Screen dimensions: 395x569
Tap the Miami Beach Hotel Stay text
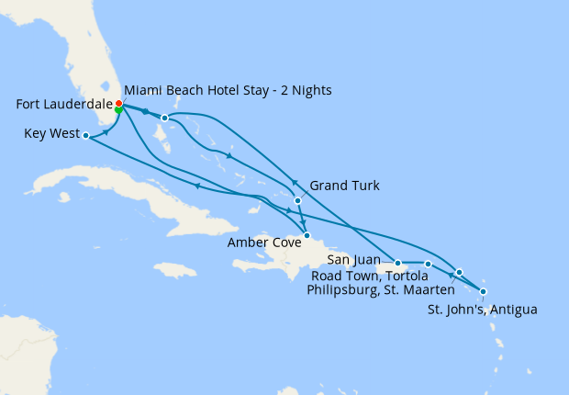pyautogui.click(x=227, y=90)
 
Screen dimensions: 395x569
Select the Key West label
pyautogui.click(x=48, y=134)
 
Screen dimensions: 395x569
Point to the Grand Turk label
pyautogui.click(x=344, y=186)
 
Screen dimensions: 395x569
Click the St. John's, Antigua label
pyautogui.click(x=482, y=309)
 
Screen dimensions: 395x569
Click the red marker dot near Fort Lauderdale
pyautogui.click(x=118, y=103)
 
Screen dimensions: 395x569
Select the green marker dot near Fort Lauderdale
pyautogui.click(x=120, y=110)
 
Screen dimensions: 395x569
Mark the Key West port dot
pyautogui.click(x=85, y=135)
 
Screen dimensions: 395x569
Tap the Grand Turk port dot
pyautogui.click(x=297, y=200)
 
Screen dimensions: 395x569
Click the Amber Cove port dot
pyautogui.click(x=308, y=236)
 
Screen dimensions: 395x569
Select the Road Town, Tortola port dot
pyautogui.click(x=428, y=265)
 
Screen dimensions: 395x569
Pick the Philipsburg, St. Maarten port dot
pyautogui.click(x=459, y=272)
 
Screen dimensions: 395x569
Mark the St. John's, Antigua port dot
pyautogui.click(x=483, y=291)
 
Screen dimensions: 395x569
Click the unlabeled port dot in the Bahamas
pyautogui.click(x=164, y=118)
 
